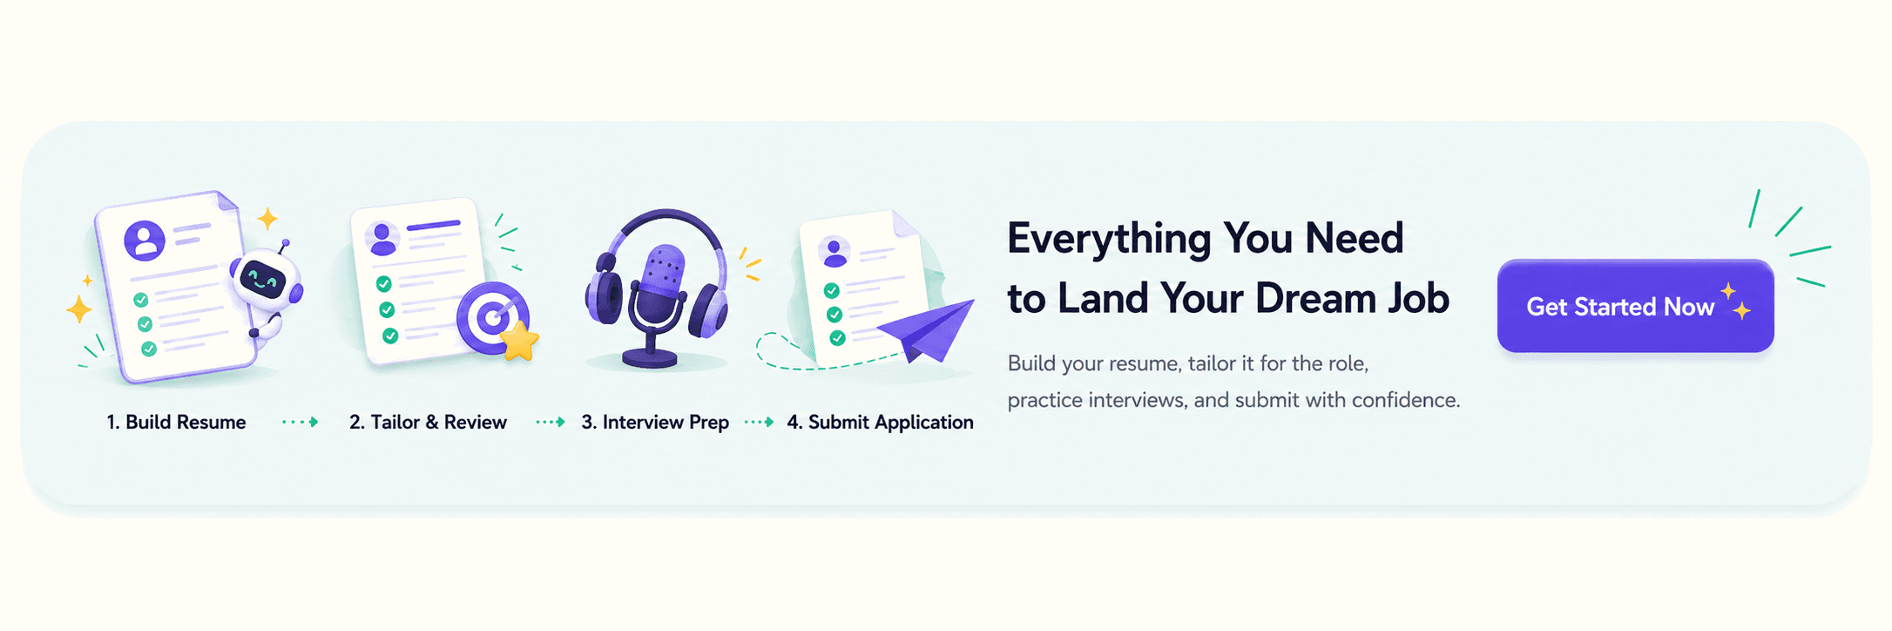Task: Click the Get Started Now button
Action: point(1635,306)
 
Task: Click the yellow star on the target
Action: point(520,341)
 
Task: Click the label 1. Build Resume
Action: point(176,423)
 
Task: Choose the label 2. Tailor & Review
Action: point(428,423)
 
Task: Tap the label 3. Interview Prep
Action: point(655,423)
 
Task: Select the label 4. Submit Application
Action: point(880,423)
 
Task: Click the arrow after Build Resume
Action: point(301,422)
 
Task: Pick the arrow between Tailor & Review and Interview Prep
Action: point(551,422)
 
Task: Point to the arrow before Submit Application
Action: point(759,422)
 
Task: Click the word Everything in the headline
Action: point(1109,239)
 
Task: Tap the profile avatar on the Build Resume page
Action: point(145,240)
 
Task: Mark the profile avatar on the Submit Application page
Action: point(834,252)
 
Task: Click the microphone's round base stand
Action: point(650,358)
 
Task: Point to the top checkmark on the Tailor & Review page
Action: point(383,284)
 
